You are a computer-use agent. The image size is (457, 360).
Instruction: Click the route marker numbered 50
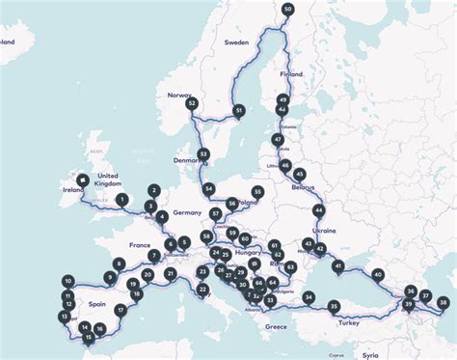tap(288, 9)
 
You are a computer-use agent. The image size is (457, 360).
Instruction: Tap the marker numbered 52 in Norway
tap(192, 103)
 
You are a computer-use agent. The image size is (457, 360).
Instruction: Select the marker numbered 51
tap(239, 112)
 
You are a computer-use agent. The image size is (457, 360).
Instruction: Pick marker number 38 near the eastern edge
tap(443, 302)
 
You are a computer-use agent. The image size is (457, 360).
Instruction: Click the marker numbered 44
tap(318, 209)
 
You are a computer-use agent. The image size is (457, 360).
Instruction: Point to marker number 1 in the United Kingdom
tap(121, 200)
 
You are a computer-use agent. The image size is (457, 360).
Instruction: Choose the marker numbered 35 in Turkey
tap(334, 306)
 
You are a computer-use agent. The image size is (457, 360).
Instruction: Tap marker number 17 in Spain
tap(121, 310)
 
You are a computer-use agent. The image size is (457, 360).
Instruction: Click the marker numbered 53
tap(203, 153)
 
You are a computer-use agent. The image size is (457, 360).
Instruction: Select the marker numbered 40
tap(377, 274)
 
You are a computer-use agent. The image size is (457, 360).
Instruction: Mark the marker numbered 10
tap(67, 281)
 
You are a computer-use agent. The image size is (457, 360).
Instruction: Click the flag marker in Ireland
tap(84, 180)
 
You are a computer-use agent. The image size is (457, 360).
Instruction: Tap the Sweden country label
tap(236, 43)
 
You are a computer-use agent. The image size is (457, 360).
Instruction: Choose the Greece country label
tap(276, 327)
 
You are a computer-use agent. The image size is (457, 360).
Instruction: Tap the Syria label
tap(371, 355)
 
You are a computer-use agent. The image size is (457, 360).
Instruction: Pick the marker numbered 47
tap(278, 140)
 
